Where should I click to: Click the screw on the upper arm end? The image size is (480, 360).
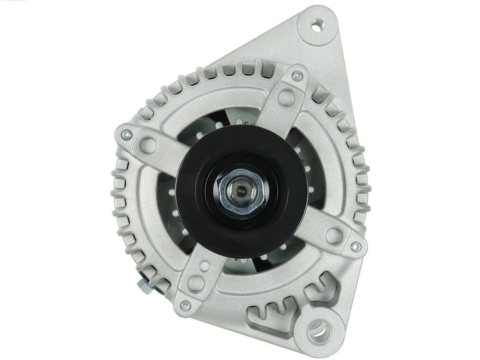click(x=297, y=76)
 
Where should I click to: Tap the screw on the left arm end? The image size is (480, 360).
click(x=127, y=134)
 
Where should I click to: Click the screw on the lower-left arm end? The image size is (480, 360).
click(x=185, y=305)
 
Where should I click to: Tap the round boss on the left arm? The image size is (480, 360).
click(x=150, y=145)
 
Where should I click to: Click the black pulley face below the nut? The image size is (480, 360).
click(x=241, y=236)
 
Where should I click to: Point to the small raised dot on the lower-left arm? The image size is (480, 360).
click(x=205, y=266)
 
